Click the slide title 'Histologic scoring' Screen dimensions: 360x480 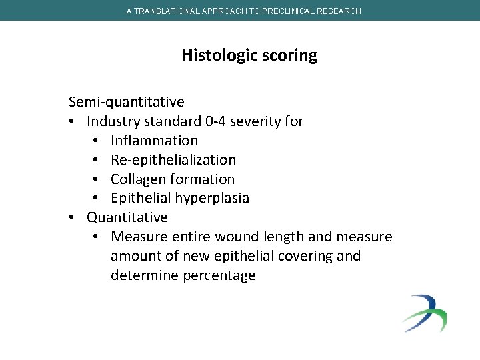pos(249,55)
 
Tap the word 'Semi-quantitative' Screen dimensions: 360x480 pos(127,102)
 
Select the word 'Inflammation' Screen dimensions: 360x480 pos(154,141)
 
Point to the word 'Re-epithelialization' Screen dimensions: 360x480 pos(173,160)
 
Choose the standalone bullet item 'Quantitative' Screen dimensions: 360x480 pos(127,217)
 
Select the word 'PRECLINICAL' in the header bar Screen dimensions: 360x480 pos(293,11)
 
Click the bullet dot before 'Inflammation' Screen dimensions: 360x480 pos(97,141)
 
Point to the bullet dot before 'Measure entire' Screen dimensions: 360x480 pos(97,237)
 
